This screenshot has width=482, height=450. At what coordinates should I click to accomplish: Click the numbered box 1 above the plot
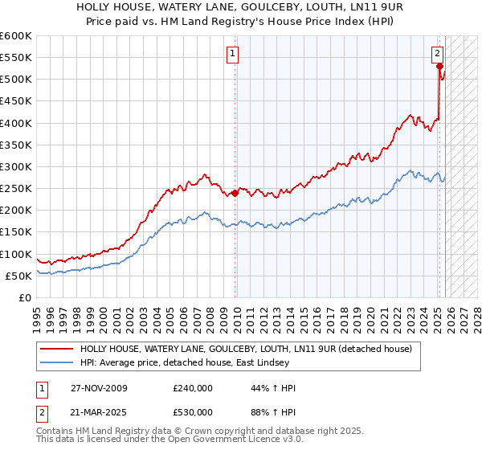click(x=232, y=54)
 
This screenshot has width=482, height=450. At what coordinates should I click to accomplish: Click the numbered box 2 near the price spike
click(x=438, y=54)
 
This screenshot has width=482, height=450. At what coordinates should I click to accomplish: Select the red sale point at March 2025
click(x=440, y=67)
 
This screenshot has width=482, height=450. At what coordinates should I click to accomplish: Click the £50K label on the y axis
click(x=18, y=276)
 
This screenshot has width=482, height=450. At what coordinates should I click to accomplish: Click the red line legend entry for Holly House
click(x=246, y=349)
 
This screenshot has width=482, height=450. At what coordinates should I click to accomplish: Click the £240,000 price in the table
click(x=193, y=388)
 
